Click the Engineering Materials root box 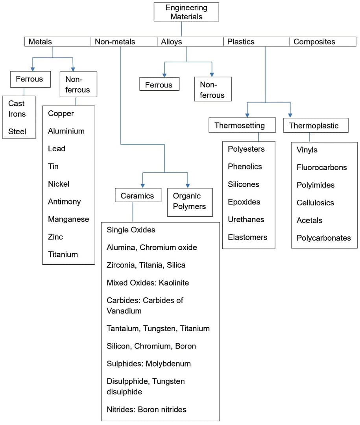pos(186,12)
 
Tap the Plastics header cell pos(256,42)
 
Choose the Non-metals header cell pos(124,42)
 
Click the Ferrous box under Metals pos(29,79)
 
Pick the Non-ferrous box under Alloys pos(212,90)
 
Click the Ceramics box pos(138,196)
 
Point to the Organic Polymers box pos(190,201)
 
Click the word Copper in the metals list pos(61,113)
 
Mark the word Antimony pos(64,202)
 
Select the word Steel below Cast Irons pos(17,132)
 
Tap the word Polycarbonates pos(323,238)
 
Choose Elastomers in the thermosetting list pos(247,237)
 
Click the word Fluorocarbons pos(321,167)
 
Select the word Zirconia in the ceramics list pos(120,265)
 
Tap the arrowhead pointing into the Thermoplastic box pos(290,115)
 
